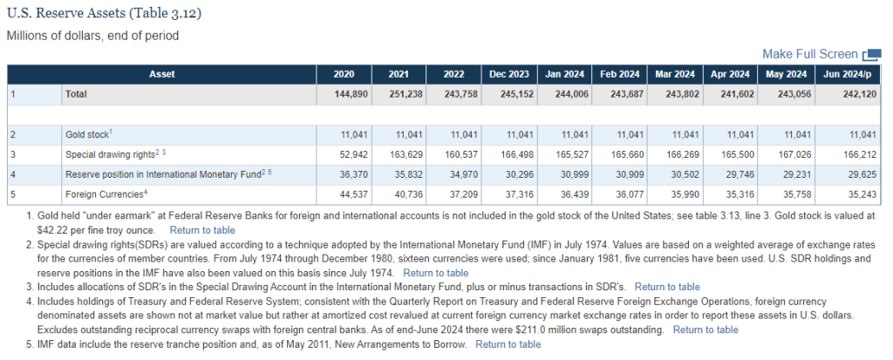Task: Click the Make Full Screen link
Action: coord(810,54)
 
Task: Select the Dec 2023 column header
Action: coord(509,74)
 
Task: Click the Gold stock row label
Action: coord(89,135)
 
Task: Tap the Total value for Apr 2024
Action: coord(737,94)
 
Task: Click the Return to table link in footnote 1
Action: coord(202,231)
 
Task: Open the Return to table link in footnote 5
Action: coord(508,344)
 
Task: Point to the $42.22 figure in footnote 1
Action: coord(51,231)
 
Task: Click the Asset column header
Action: coord(161,74)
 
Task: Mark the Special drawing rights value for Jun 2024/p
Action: coord(862,155)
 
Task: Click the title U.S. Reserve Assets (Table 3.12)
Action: coord(104,14)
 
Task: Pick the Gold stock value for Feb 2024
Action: coord(630,135)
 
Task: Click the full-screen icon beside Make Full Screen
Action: coord(872,55)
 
